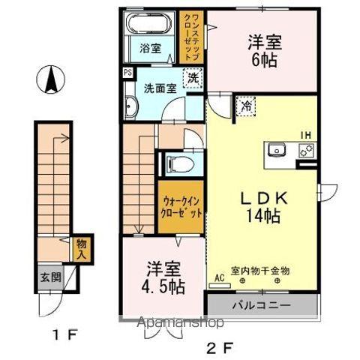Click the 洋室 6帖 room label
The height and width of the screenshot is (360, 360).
coord(262,51)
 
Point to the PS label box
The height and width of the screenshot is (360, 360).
coord(127,73)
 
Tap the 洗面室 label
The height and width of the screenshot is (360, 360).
coord(160,87)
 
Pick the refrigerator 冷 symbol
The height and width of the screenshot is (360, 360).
coord(245,107)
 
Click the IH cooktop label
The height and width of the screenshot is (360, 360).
coord(306,135)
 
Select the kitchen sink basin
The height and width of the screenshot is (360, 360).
coord(277,149)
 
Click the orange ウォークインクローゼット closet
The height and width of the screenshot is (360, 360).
coord(180,205)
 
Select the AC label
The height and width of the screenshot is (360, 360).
coord(219,276)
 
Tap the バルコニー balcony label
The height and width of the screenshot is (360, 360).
coord(259,305)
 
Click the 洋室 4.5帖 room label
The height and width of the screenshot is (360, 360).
coord(162,277)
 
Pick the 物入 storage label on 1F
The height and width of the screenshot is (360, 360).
coord(82,248)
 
